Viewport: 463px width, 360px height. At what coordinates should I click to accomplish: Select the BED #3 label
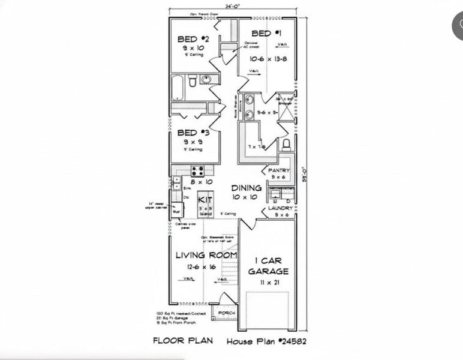[193, 133]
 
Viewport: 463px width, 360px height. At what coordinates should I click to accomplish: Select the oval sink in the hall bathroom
[206, 80]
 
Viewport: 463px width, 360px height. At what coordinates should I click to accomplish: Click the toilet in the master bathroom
[286, 143]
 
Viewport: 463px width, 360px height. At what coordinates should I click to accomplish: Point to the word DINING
[246, 188]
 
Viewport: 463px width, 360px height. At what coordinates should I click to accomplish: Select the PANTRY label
[279, 170]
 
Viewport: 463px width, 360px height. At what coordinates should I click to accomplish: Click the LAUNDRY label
[280, 208]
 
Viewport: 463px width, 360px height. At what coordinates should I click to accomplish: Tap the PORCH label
[226, 313]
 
